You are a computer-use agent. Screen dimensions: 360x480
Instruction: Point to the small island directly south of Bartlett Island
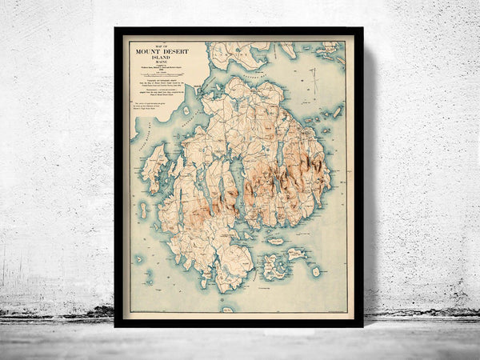coord(144,210)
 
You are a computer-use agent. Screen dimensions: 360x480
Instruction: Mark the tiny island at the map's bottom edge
coord(228,309)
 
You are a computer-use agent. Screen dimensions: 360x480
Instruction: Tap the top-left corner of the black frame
coord(116,29)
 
